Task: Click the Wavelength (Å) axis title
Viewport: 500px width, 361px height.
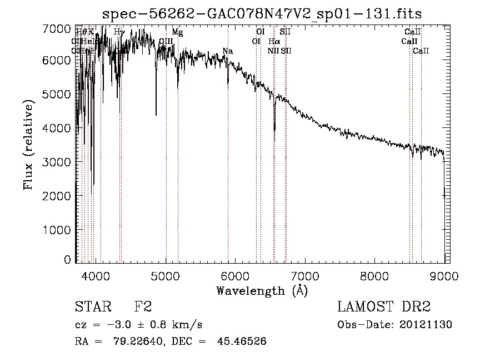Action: tap(261, 290)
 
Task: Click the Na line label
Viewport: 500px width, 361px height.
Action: tap(228, 52)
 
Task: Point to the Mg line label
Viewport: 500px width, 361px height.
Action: tap(177, 32)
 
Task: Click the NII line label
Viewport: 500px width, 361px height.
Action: tap(272, 51)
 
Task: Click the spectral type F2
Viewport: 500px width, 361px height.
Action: tap(142, 307)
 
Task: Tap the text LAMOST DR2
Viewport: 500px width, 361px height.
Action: tap(384, 307)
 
